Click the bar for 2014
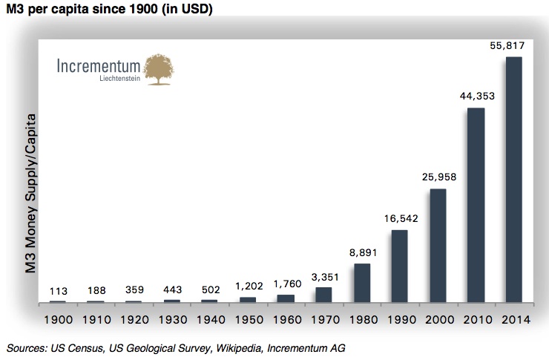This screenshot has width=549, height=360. pos(513,180)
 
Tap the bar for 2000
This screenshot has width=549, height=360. pos(438,246)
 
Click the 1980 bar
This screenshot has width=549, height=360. pos(362,283)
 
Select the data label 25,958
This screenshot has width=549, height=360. pos(438,177)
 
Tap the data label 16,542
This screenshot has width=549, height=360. pos(400,218)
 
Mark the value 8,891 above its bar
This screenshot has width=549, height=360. pos(362,252)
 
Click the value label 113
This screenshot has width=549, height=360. pos(58,291)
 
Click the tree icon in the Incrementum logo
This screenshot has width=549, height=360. pos(163,68)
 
